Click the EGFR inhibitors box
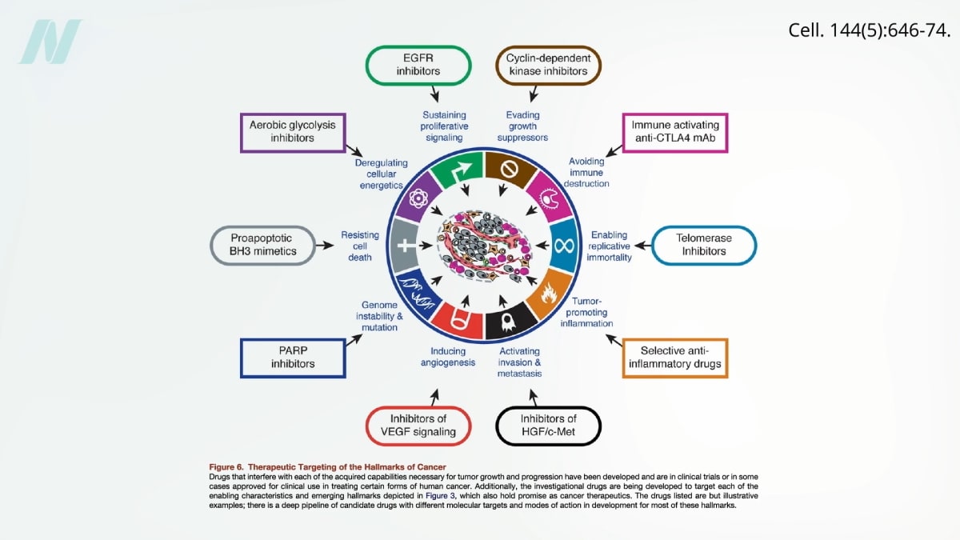coord(418,65)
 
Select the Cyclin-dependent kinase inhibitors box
coord(547,65)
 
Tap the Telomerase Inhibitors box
coord(704,245)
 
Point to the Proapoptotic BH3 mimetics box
coord(263,245)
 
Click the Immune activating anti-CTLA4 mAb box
coord(675,132)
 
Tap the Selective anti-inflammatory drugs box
coord(675,357)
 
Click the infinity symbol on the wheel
coord(565,243)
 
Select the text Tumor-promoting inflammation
coord(591,312)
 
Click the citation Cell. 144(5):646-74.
coord(870,30)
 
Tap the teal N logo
coord(50,42)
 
